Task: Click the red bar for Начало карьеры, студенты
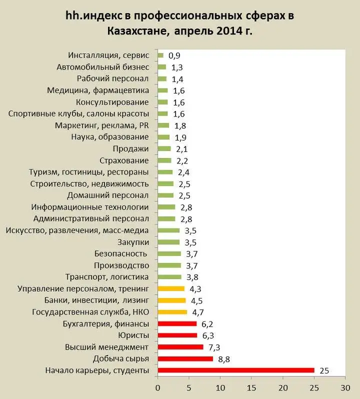(235, 370)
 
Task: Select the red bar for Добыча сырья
(185, 359)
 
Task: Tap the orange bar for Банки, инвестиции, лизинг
(171, 300)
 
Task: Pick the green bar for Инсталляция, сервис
(160, 55)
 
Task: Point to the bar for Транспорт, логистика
(169, 277)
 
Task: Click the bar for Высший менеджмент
(180, 347)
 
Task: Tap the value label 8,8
(224, 359)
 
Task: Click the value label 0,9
(174, 55)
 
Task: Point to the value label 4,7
(198, 312)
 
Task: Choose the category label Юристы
(133, 335)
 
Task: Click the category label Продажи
(131, 148)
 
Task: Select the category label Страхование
(124, 160)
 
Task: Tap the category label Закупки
(133, 242)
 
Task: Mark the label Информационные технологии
(90, 207)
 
